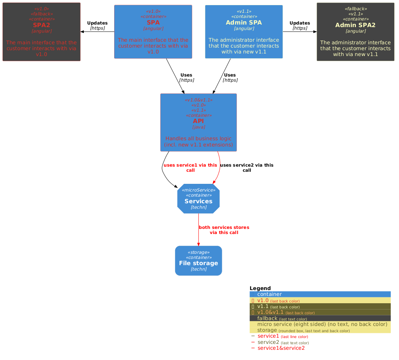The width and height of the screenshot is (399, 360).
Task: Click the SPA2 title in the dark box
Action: click(41, 25)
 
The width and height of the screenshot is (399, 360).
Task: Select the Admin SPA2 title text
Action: click(355, 25)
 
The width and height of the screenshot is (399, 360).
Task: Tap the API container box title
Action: click(198, 121)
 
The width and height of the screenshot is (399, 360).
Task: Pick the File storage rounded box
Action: click(198, 261)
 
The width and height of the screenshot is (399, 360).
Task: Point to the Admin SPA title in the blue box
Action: click(244, 22)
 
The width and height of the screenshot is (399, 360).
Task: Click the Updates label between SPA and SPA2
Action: click(97, 23)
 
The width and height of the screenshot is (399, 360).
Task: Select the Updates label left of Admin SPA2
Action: click(300, 23)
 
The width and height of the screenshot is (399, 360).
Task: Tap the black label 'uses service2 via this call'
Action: click(247, 168)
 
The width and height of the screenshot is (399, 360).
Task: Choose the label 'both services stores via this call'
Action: click(224, 230)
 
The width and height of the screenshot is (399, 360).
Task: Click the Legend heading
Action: click(260, 288)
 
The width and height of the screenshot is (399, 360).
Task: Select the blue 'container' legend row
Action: click(320, 294)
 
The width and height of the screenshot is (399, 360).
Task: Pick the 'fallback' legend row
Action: click(320, 318)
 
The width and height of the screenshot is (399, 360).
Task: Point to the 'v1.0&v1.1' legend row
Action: click(320, 312)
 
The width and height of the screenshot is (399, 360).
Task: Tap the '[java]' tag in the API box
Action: click(198, 127)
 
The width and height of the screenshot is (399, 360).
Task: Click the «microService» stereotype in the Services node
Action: click(198, 190)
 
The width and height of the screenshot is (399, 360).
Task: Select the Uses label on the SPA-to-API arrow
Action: click(186, 75)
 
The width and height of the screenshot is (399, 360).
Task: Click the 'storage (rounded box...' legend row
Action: click(320, 330)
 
